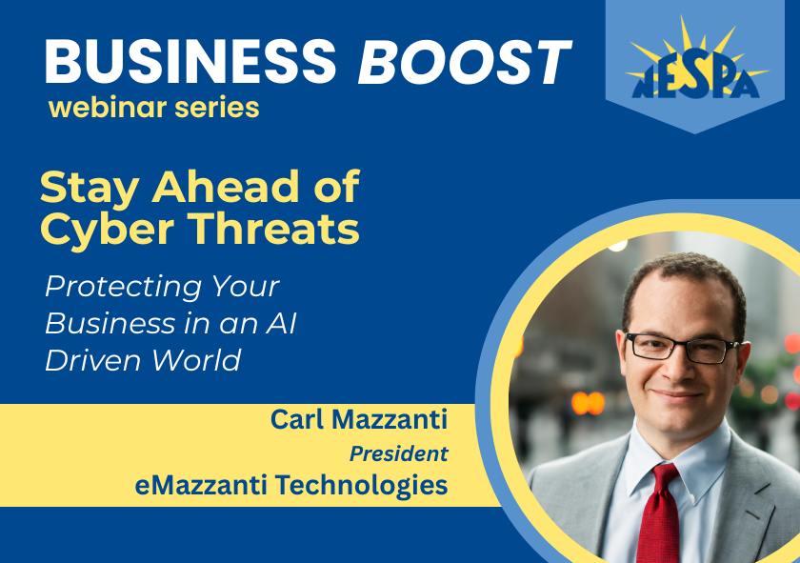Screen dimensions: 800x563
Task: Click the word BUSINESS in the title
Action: pos(190,62)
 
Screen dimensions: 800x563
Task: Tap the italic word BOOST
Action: pos(465,62)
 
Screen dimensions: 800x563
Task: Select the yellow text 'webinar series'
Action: pos(154,108)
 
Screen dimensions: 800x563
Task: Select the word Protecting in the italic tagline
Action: pos(123,288)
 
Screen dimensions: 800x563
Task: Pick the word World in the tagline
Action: pos(196,360)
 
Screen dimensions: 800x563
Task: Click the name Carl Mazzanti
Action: pos(359,419)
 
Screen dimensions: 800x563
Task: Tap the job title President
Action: pos(398,453)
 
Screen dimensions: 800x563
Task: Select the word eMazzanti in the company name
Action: pos(201,485)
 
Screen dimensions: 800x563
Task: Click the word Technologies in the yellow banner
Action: pos(362,486)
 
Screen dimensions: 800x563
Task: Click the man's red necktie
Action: pos(659,513)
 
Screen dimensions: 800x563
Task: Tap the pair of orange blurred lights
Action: pos(588,403)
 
